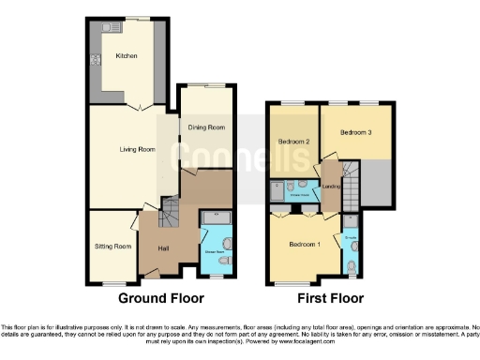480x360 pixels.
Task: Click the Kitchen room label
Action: [x=127, y=56]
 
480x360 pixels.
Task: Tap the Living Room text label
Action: [x=137, y=148]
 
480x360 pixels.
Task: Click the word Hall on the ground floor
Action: [x=163, y=247]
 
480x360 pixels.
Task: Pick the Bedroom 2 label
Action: [x=293, y=142]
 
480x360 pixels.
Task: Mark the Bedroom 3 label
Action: [x=356, y=132]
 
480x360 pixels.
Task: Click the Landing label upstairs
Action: [x=331, y=185]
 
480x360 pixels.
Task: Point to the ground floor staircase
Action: [x=169, y=213]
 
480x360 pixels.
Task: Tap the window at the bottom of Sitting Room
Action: [x=113, y=282]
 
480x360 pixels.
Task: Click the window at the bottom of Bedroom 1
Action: [x=300, y=281]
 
